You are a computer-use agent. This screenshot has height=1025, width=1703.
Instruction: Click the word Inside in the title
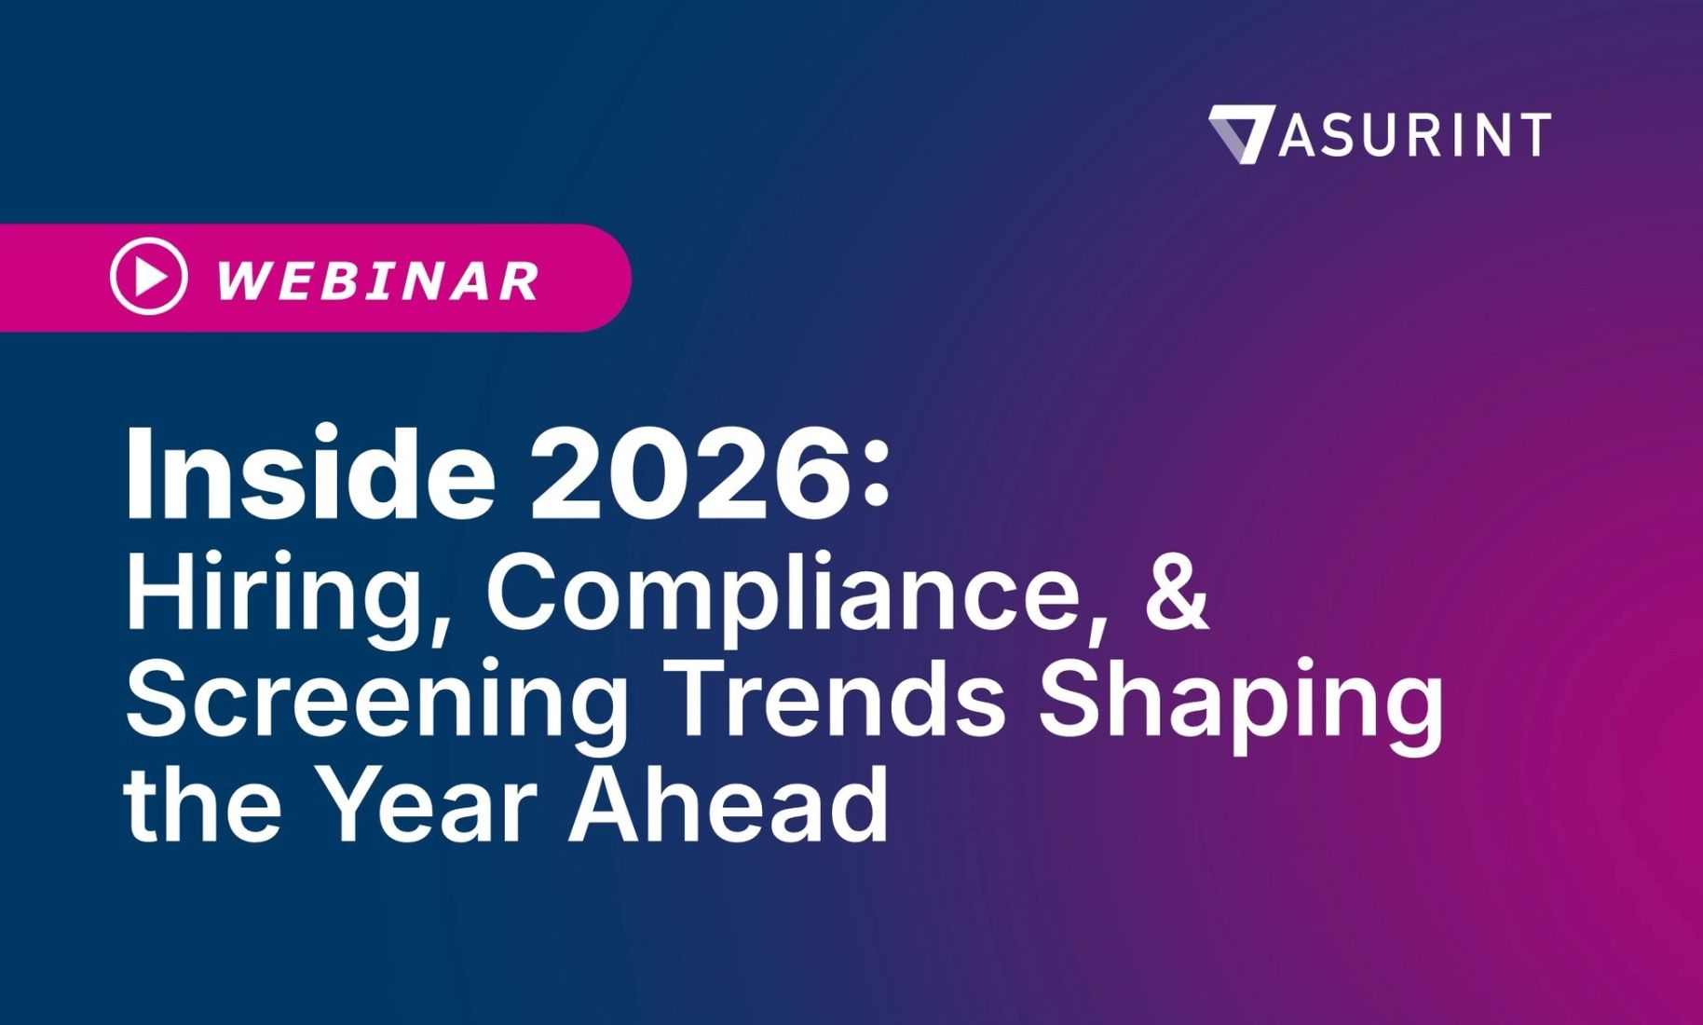(309, 473)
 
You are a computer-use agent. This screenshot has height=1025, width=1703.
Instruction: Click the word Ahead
(729, 803)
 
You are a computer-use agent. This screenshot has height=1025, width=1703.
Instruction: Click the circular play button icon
(149, 276)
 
